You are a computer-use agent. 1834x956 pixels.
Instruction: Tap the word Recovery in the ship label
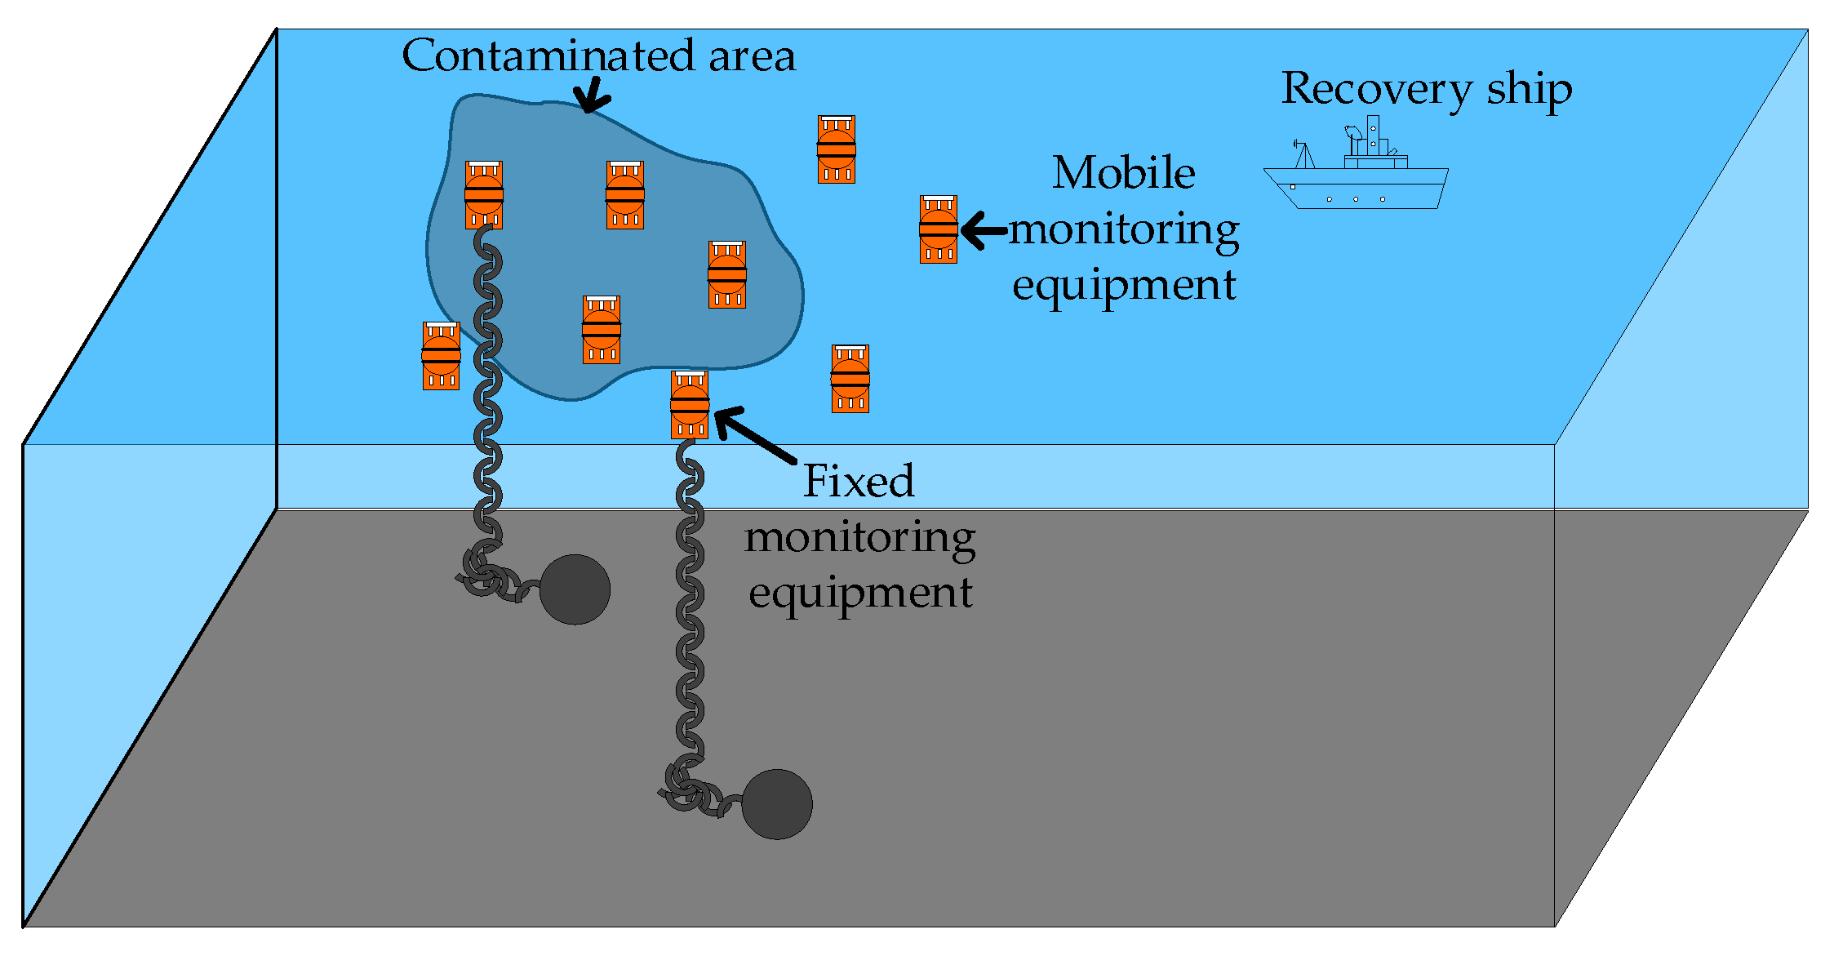coord(1376,88)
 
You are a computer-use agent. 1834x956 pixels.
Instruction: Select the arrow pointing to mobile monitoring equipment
coord(984,230)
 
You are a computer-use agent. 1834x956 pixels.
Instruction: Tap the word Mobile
coord(1123,173)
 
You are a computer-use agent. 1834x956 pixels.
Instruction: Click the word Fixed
coord(859,481)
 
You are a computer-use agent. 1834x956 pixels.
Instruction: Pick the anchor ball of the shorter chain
coord(575,589)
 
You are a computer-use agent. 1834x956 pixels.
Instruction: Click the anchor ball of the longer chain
coord(776,804)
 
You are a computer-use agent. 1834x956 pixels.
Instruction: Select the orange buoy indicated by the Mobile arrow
coord(938,229)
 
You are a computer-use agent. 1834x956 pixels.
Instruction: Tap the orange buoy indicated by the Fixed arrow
coord(690,405)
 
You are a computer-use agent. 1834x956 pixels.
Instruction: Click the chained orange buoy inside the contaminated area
coord(484,195)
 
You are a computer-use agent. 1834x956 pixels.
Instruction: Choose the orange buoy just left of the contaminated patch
coord(441,356)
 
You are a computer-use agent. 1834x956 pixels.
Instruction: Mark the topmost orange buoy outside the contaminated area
coord(837,149)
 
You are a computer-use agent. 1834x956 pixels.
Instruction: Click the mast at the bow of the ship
coord(1303,155)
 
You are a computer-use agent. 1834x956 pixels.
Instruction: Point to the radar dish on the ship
coord(1352,131)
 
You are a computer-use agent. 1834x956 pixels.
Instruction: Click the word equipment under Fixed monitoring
coord(860,592)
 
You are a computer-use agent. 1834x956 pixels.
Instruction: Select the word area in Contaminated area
coord(751,56)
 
